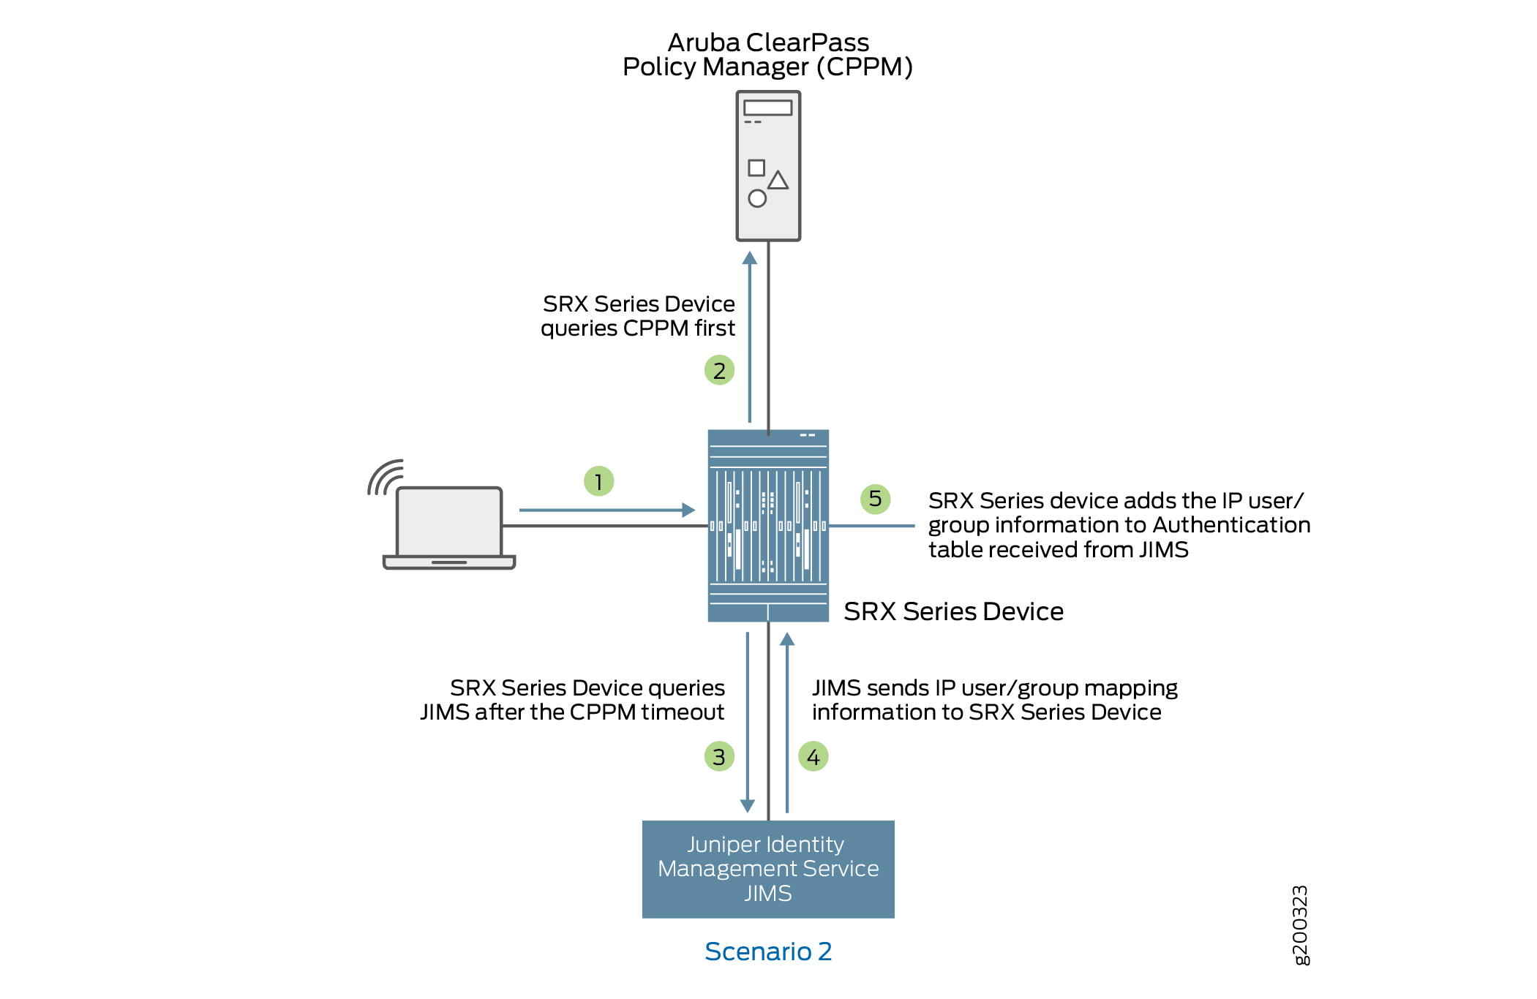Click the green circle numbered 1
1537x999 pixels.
(x=598, y=481)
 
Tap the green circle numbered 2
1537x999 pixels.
(x=719, y=370)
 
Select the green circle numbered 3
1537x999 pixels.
(x=719, y=756)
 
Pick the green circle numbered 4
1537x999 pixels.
(x=813, y=756)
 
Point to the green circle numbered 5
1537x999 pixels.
(x=875, y=499)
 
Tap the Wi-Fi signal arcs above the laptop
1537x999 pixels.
(x=385, y=478)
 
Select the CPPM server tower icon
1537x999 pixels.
(x=768, y=165)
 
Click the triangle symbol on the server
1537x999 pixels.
(x=778, y=180)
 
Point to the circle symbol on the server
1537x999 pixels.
(x=757, y=198)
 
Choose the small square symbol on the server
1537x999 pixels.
(x=756, y=167)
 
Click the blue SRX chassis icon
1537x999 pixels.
(x=768, y=525)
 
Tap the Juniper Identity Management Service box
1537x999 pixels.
(x=768, y=869)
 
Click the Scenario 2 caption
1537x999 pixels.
(x=768, y=951)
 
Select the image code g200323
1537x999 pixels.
(x=1300, y=925)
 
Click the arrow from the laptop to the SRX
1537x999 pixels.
(x=606, y=510)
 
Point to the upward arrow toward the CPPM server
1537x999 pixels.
(x=750, y=336)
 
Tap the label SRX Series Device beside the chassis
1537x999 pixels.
(x=953, y=611)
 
